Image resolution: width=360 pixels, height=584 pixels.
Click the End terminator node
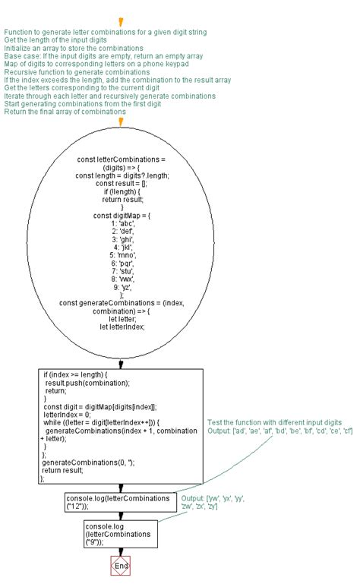click(120, 566)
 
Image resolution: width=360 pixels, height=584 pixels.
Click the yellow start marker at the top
click(121, 23)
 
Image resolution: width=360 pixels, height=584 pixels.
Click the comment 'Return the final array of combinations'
click(65, 112)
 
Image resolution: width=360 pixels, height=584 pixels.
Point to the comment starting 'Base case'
click(103, 56)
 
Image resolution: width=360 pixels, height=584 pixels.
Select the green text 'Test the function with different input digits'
click(273, 421)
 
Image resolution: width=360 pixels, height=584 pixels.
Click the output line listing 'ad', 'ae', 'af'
click(279, 431)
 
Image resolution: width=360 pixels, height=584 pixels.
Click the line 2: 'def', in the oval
click(122, 231)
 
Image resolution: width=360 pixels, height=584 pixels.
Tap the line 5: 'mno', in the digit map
click(122, 255)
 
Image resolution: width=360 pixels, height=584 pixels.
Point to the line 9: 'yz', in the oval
click(122, 287)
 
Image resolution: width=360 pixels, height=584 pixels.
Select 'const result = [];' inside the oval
click(122, 183)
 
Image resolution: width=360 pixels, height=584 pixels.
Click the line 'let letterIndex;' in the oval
click(122, 327)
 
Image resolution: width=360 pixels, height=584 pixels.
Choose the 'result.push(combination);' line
click(87, 383)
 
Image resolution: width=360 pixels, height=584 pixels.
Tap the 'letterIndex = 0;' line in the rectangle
click(69, 415)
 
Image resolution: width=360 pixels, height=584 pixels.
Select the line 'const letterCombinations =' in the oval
click(122, 159)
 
